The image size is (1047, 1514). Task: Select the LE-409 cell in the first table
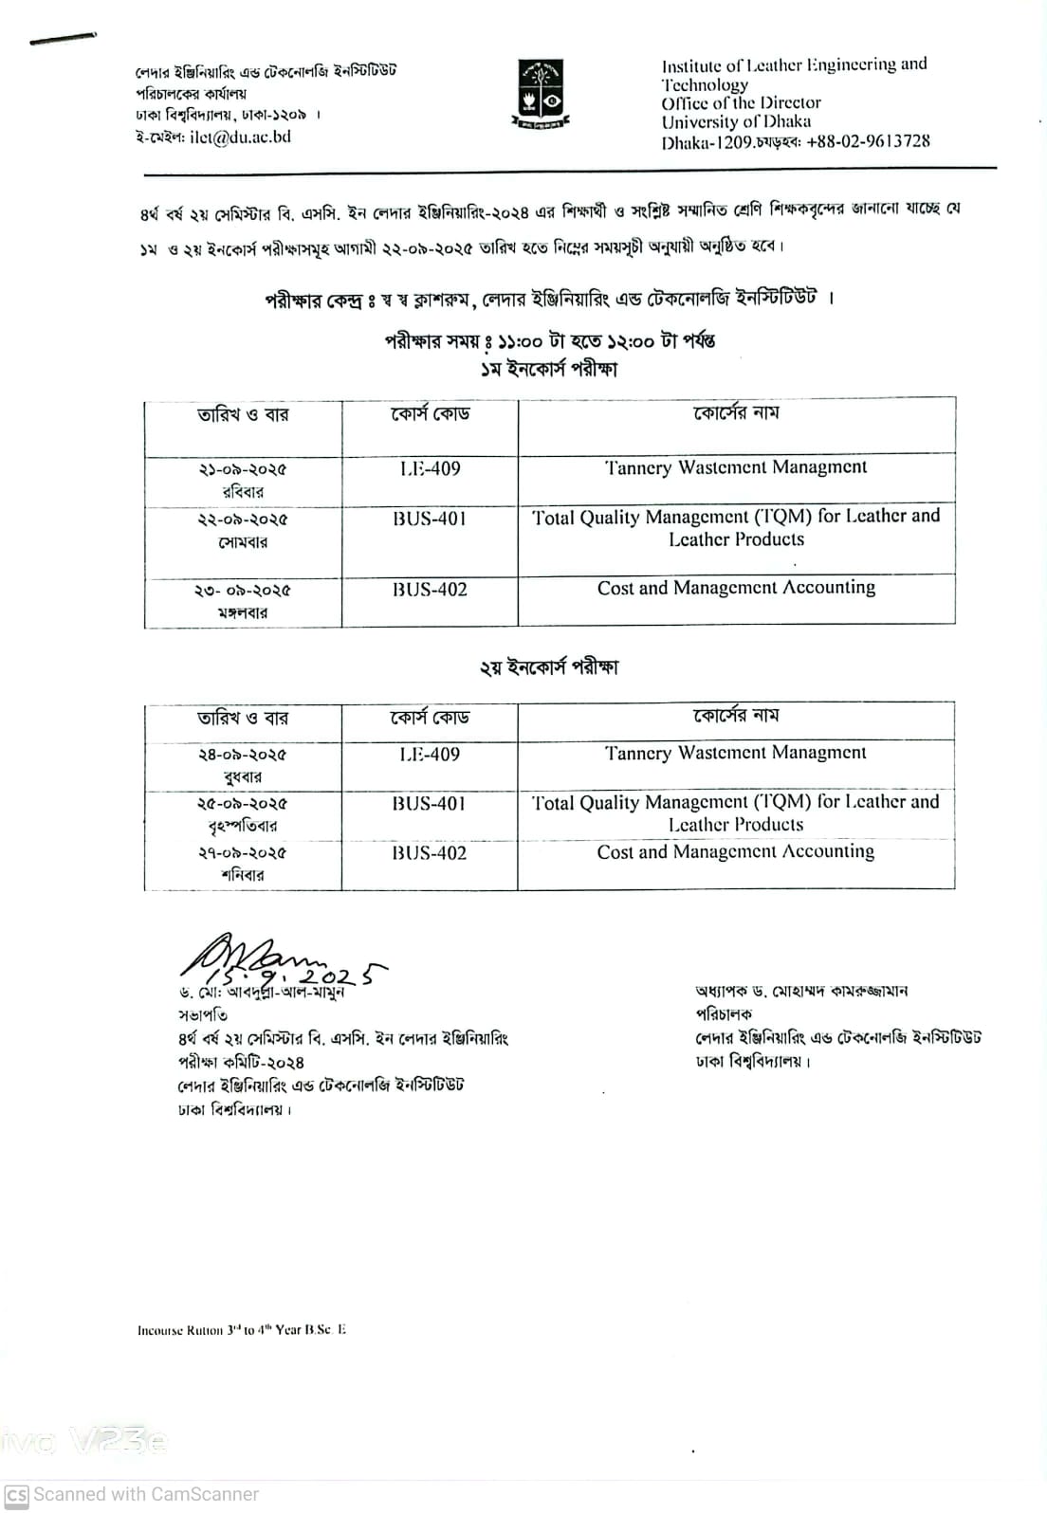430,468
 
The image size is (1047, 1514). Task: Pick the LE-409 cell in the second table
430,755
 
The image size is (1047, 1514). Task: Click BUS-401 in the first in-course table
430,519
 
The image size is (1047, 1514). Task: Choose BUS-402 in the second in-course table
430,853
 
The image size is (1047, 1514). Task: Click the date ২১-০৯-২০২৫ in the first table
243,469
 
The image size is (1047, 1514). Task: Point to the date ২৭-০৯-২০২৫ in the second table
243,853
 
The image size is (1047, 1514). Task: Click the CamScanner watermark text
145,1494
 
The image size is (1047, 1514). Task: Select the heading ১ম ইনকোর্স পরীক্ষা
549,369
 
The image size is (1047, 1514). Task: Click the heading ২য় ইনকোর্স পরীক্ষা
549,667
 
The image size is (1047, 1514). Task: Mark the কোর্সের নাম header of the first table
736,413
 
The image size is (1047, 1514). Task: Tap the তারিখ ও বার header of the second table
243,719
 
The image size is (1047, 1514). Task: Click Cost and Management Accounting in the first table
736,588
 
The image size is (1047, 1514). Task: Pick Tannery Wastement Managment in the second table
736,753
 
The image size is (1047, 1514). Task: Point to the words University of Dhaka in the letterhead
736,122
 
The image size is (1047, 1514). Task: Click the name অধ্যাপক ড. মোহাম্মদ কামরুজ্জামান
801,992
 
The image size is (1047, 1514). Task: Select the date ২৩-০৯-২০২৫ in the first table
243,590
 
